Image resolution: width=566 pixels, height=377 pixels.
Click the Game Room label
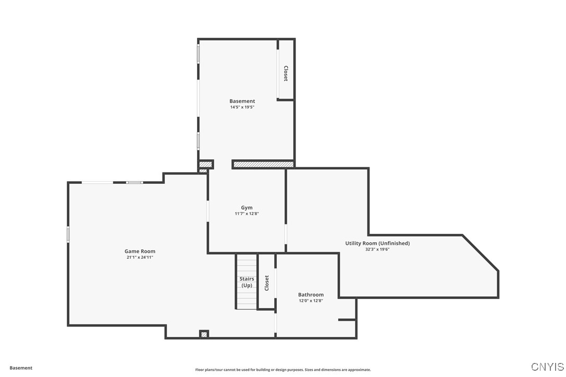pos(140,252)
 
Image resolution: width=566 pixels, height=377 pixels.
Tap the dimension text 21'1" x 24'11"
pos(140,257)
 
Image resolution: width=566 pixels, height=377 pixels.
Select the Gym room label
pos(247,208)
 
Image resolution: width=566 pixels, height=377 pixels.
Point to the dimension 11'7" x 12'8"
pos(247,213)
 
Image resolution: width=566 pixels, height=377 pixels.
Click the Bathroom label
pos(311,295)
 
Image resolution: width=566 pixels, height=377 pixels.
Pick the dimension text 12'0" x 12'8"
pos(311,300)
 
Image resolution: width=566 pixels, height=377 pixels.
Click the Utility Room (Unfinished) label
pos(377,243)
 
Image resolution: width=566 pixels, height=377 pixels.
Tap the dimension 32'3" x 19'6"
pos(377,249)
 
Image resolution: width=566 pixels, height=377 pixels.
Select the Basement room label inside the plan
pos(242,101)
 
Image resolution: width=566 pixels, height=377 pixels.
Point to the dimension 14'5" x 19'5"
pos(242,107)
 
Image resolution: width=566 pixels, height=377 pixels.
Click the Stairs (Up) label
pos(247,282)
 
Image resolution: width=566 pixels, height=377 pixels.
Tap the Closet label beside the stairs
pos(267,283)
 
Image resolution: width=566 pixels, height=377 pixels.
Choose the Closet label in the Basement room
pos(286,73)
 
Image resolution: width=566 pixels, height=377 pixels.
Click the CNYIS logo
pos(547,367)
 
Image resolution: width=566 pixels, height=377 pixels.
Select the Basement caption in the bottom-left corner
pos(21,368)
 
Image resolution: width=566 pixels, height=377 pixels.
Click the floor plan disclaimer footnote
pos(283,370)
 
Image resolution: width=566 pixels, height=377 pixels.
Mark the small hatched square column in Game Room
pos(204,334)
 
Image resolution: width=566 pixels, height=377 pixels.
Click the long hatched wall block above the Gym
pos(263,164)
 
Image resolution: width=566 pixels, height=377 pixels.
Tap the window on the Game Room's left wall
pos(68,234)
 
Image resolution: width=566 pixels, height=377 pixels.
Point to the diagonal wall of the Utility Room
pos(481,253)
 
